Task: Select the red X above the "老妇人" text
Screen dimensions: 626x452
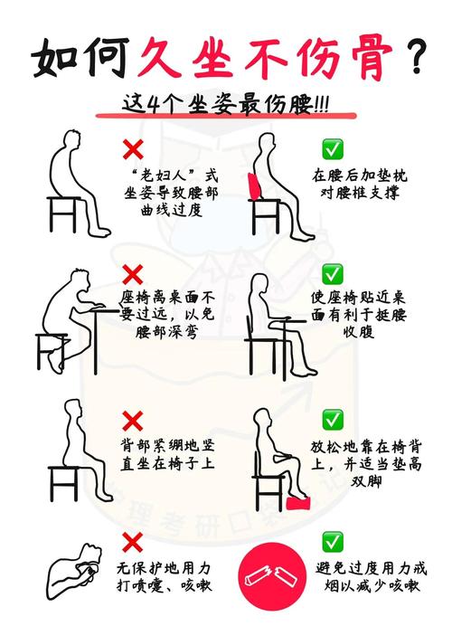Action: point(133,148)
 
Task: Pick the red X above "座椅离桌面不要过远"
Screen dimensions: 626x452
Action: point(133,273)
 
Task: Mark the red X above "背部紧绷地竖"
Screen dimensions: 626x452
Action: point(133,420)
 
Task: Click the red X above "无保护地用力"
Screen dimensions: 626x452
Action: point(133,542)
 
